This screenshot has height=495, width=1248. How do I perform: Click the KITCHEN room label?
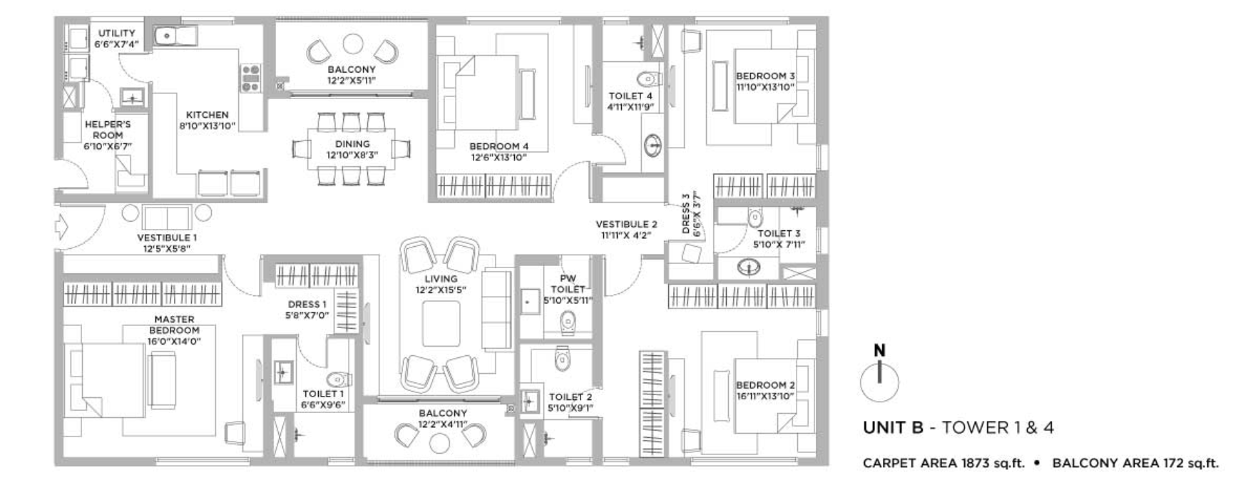(208, 115)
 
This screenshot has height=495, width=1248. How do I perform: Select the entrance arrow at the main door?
(61, 228)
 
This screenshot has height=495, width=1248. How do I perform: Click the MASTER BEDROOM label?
(174, 325)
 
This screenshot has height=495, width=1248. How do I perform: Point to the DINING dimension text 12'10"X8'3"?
(352, 155)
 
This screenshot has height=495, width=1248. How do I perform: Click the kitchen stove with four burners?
(250, 78)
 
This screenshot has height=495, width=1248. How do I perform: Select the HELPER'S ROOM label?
(108, 129)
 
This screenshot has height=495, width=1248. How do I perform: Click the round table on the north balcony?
(352, 44)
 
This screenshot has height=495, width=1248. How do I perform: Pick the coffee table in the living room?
(441, 324)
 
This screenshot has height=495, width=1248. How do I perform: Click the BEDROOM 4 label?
(498, 147)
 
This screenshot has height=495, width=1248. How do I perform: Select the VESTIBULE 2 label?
(626, 224)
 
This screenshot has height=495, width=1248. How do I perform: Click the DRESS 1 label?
(307, 305)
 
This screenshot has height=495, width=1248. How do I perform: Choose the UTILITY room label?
(117, 33)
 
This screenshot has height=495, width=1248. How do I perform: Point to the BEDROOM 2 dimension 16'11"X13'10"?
(765, 396)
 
